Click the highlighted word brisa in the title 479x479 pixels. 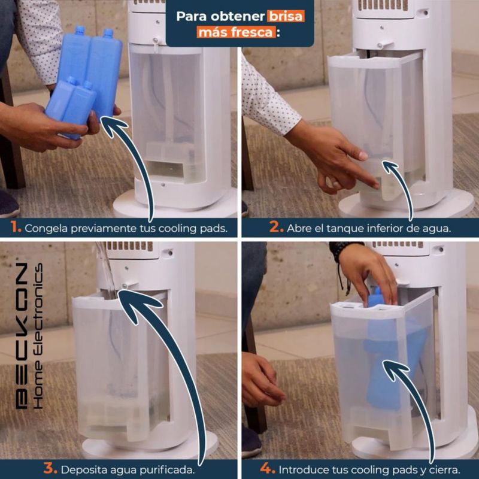pos(286,16)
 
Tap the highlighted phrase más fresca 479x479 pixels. pos(236,32)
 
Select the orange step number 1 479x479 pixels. pos(16,228)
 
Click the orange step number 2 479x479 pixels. pos(276,228)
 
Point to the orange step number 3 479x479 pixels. pos(50,469)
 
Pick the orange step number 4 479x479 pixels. pos(267,469)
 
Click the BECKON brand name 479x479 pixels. pos(22,336)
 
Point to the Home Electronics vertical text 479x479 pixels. pos(38,336)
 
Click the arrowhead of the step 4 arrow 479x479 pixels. pos(394,368)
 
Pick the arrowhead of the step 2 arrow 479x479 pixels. pos(391,167)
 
